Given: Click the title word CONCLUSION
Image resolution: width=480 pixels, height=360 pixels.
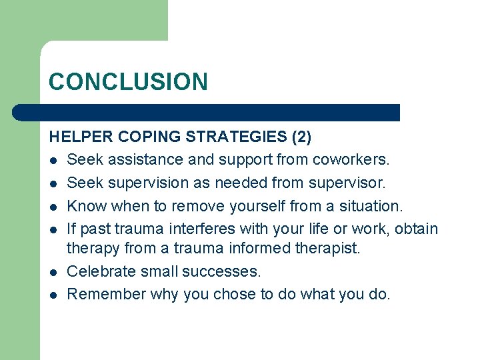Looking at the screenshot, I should (128, 82).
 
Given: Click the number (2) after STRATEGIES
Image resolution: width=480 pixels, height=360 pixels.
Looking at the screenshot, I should (302, 137).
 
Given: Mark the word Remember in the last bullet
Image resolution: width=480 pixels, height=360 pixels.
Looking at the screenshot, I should (106, 294).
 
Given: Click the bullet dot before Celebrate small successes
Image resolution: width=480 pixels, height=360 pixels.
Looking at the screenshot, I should (52, 273).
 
